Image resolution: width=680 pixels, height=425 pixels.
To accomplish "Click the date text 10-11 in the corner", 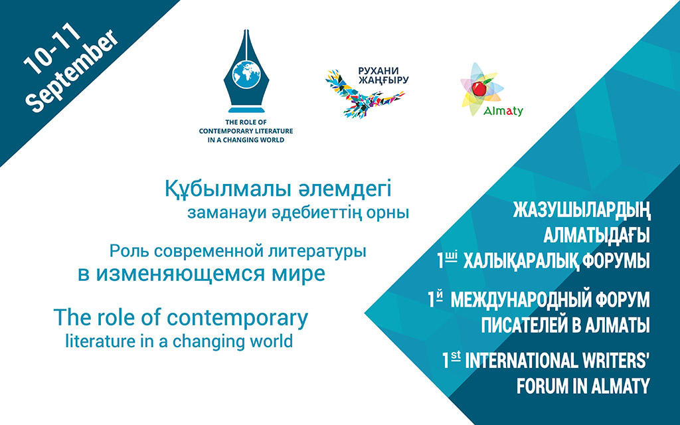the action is pos(52,48).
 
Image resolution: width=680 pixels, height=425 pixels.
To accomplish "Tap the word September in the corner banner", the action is pos(71,71).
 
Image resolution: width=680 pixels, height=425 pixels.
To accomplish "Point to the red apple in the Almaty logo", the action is pos(479,88).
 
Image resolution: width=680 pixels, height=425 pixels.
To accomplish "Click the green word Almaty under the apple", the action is pos(503,111).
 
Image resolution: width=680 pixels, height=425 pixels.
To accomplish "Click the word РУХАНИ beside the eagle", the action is pos(379,70).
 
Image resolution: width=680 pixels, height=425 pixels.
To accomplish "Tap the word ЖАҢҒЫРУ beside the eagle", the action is pos(383,80).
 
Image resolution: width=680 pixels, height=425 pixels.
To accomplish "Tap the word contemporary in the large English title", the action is pos(237,318).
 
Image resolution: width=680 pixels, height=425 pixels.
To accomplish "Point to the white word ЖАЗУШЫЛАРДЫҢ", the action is pos(582,211).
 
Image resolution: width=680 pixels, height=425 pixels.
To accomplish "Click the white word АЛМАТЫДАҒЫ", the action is pos(597,236).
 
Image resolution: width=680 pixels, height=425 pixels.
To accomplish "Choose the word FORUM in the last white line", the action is pos(542,386).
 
